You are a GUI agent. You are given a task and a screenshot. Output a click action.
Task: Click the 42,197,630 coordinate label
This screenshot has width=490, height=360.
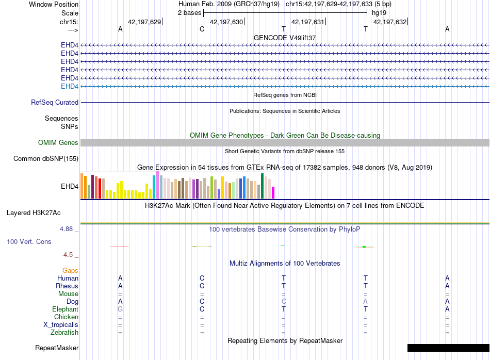coord(226,22)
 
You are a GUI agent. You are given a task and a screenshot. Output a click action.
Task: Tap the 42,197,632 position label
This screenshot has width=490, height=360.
coord(390,22)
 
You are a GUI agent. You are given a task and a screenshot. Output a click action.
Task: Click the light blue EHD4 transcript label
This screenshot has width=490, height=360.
coord(70,86)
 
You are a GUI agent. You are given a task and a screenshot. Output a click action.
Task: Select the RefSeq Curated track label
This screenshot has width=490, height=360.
coord(55,102)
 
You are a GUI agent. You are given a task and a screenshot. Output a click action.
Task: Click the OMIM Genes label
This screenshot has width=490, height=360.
coord(58,142)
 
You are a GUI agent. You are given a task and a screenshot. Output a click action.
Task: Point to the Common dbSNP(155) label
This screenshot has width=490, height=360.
coord(46,158)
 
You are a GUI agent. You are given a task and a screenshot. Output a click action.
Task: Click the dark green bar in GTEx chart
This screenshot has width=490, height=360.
coord(262,186)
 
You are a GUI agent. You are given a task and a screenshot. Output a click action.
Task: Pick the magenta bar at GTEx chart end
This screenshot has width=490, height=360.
coord(273,192)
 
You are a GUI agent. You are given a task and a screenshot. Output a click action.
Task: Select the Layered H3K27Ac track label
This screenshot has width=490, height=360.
coord(34,213)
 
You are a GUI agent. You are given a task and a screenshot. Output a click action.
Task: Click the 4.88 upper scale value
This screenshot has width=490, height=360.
coord(66,229)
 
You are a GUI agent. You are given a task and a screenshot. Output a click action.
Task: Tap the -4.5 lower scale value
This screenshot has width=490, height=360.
coord(67,255)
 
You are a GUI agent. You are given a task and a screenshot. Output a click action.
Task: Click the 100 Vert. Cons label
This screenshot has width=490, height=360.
coord(29,241)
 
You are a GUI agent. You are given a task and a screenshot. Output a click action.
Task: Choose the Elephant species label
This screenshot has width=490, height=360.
coord(66,309)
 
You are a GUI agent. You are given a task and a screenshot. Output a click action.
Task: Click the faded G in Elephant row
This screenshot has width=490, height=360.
coord(120,309)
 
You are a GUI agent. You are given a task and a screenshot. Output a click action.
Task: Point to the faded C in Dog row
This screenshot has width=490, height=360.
coord(284,302)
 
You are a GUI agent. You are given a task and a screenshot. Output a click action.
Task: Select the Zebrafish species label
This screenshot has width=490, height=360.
coord(64,332)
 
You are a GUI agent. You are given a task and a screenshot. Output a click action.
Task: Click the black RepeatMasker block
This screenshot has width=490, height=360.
coord(448,348)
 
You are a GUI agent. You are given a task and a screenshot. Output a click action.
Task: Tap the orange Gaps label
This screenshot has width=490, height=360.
coord(70,270)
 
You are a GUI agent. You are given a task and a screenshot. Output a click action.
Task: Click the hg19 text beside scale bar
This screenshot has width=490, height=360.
coord(379,13)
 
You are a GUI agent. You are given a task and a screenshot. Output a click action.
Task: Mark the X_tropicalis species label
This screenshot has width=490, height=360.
coord(61,325)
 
